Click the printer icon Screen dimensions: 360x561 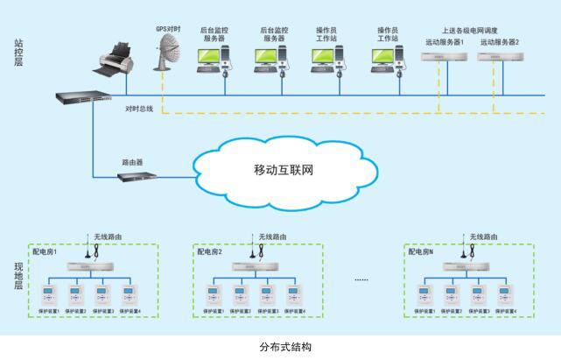coord(121,58)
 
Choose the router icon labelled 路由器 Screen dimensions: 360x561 coord(138,176)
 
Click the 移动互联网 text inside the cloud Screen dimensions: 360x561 coord(283,168)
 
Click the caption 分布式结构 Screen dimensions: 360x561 coord(280,346)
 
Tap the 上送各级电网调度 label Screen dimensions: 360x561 coord(471,30)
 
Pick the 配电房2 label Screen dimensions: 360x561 coord(209,251)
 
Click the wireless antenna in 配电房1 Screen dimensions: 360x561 coord(96,250)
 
